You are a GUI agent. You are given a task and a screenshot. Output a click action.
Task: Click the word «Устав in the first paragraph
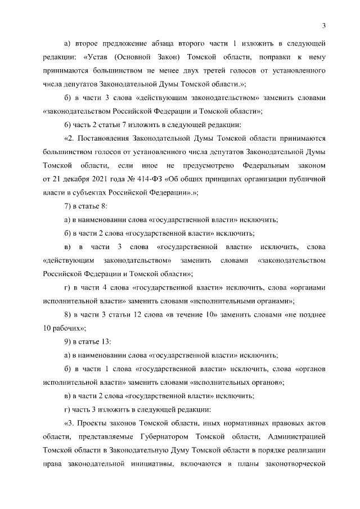click(96, 57)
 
